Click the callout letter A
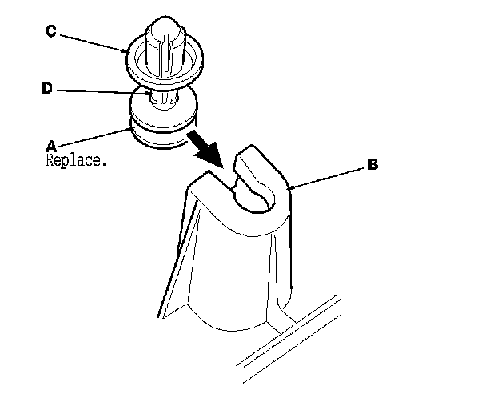(x=51, y=146)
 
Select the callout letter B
(x=372, y=166)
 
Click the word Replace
(x=74, y=159)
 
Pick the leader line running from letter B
(x=328, y=177)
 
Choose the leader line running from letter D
(x=104, y=92)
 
